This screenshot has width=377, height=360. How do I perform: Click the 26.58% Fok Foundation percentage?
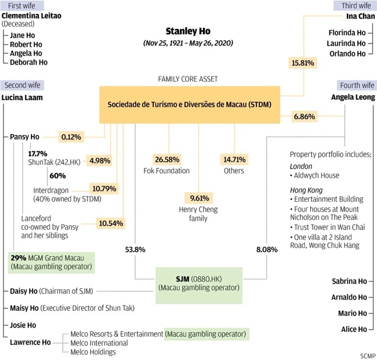click(169, 159)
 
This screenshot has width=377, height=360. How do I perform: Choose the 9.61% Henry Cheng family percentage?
click(197, 197)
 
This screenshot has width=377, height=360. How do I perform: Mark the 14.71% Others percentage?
click(235, 159)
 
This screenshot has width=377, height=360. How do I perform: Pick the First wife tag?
click(20, 5)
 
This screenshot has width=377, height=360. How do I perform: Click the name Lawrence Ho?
click(28, 342)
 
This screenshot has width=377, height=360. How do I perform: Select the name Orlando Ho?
click(347, 53)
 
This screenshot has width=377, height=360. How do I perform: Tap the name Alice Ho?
click(353, 329)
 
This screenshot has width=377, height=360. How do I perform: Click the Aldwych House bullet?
click(316, 175)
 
